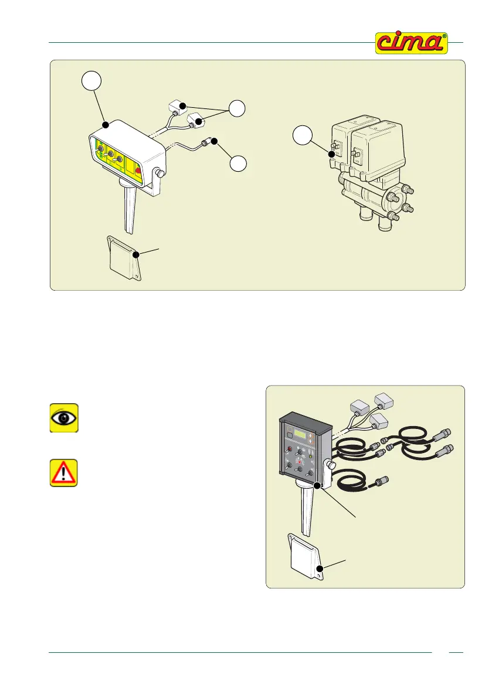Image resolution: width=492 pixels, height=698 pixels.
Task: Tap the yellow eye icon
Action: [x=63, y=418]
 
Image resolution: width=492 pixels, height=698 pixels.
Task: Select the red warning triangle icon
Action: [x=63, y=472]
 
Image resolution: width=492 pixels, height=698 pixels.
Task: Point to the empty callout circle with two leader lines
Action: [x=237, y=108]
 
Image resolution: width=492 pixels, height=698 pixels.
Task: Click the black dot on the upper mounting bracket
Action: [x=136, y=254]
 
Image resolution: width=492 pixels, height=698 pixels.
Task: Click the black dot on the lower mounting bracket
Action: [x=319, y=568]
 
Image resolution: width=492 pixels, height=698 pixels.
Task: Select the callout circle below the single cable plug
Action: [x=237, y=164]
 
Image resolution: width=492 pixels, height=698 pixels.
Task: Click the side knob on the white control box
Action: [x=158, y=174]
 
